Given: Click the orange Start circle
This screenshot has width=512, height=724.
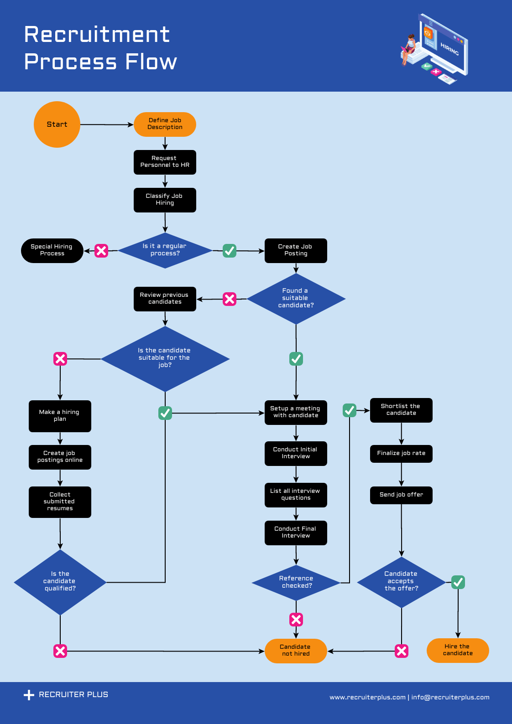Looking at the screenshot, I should [x=57, y=124].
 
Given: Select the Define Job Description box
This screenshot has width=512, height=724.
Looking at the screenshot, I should [x=165, y=124].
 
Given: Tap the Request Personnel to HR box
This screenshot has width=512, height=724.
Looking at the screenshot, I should [x=165, y=162].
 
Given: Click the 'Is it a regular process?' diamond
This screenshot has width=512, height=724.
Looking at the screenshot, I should [x=165, y=250].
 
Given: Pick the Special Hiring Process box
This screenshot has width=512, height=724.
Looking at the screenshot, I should [x=52, y=250].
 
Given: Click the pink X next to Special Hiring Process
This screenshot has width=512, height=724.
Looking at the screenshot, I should [x=101, y=251].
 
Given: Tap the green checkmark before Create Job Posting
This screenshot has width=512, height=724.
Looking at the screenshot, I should [x=230, y=251].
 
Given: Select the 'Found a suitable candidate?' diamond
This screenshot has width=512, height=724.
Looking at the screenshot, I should [x=296, y=299].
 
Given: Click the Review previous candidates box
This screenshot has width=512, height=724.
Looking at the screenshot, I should [x=165, y=299].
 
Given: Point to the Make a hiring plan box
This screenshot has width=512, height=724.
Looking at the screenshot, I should [x=60, y=416].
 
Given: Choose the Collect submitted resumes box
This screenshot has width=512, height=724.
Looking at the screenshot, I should [x=60, y=502].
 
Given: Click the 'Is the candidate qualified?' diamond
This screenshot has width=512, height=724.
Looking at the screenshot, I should [x=60, y=582].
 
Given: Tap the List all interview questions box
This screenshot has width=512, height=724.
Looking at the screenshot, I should [x=296, y=495].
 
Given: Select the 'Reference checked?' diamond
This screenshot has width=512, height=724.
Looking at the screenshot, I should [x=296, y=582].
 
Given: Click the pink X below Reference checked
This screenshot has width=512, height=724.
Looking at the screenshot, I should [x=296, y=619].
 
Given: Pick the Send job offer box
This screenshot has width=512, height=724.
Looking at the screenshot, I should [x=401, y=495].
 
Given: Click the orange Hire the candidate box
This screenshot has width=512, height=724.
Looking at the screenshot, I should [x=458, y=650].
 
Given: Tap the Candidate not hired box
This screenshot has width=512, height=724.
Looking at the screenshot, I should [x=296, y=651].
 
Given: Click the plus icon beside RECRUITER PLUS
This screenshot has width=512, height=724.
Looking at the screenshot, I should [x=29, y=695].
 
